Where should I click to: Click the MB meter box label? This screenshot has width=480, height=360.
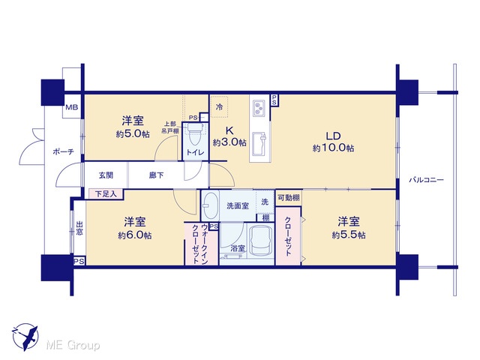tap(72, 107)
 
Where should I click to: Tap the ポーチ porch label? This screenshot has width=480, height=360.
tap(63, 151)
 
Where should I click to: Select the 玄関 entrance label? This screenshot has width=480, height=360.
tap(106, 175)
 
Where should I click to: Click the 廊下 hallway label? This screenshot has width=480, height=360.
tap(157, 175)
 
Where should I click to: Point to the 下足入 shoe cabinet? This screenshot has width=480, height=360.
tap(106, 193)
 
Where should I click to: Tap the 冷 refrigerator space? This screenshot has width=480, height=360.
tap(220, 106)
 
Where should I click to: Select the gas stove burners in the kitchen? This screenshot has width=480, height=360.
tap(259, 108)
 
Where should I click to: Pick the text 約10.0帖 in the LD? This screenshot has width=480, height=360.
tap(333, 148)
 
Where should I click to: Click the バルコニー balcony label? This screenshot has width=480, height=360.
tap(426, 180)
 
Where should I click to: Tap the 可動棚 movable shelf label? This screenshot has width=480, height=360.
tap(288, 198)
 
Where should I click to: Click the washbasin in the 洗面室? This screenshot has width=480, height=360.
tap(210, 205)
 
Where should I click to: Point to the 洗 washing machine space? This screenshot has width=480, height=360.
tap(265, 202)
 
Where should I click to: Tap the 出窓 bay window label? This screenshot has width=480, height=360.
tap(79, 228)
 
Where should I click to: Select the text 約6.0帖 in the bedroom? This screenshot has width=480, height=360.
tap(135, 235)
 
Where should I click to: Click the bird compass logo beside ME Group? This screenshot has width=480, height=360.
tap(25, 337)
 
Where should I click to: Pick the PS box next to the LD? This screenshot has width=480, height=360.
tap(274, 100)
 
